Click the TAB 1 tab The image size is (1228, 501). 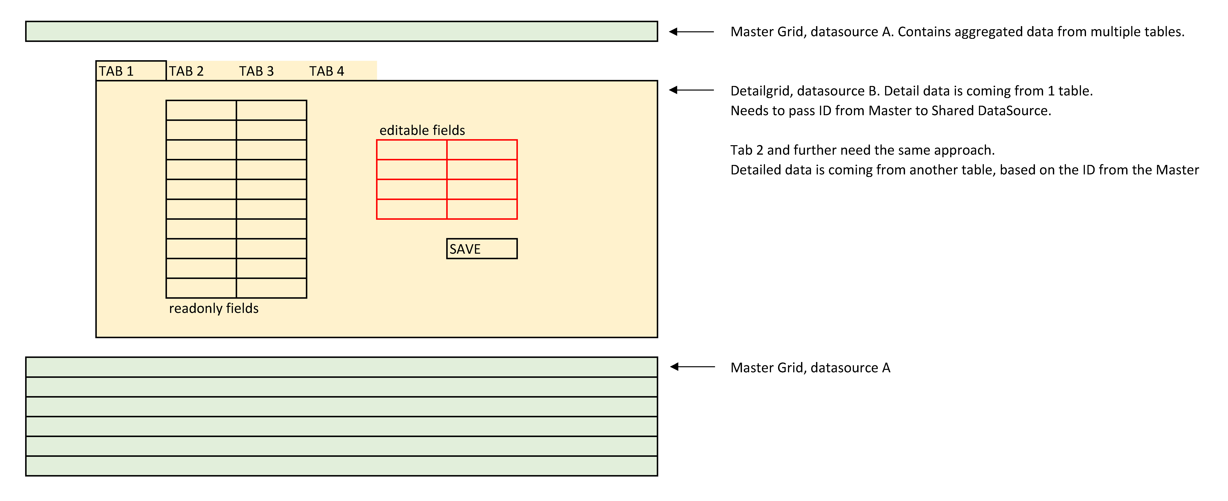coord(131,70)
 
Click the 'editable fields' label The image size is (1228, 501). coord(422,130)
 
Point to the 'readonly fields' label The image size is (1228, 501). coord(214,308)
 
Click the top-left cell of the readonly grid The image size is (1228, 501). coord(201,110)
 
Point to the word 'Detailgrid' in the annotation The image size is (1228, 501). coord(760,91)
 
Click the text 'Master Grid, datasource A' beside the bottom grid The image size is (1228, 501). coord(810,368)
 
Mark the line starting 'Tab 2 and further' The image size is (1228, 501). coord(862,150)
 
